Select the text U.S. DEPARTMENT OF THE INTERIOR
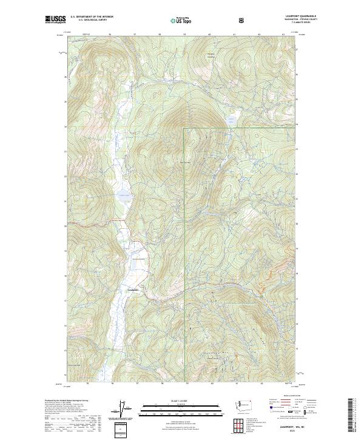(92, 17)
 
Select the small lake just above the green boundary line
(231, 119)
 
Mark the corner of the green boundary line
(184, 129)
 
